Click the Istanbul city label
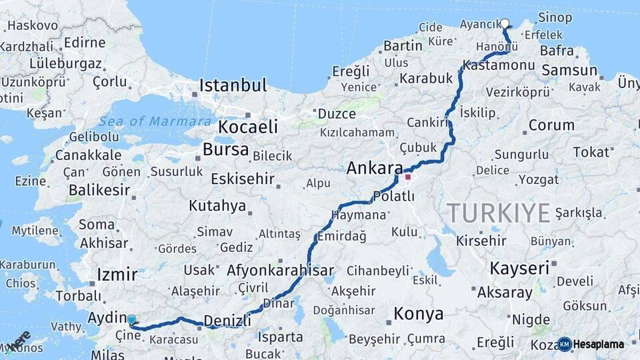coord(233,86)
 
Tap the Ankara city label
coord(375,169)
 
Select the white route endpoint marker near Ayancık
coord(505,23)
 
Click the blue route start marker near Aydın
coord(131,320)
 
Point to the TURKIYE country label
coord(499,213)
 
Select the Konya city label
coord(418,313)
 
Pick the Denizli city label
coord(227,321)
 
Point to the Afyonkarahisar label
coord(280,271)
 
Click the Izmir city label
coord(117,275)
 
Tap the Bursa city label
coord(225,149)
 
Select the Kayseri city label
coord(520,269)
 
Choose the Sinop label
coord(555,17)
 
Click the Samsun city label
coord(569,69)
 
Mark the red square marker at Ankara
coord(407,177)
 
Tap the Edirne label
coord(85,43)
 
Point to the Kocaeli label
coord(248,127)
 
